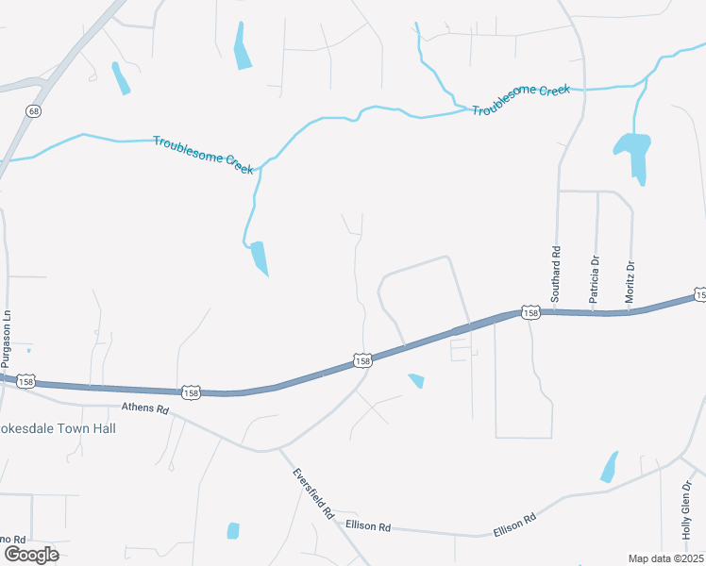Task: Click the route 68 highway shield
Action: [x=34, y=111]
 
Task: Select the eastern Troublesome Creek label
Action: [x=522, y=99]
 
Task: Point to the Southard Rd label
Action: [x=556, y=274]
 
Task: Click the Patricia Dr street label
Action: [x=595, y=279]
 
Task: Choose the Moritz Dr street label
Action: [x=630, y=282]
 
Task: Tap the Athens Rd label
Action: [x=144, y=410]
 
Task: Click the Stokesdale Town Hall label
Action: [x=59, y=427]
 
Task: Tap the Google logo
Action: [x=30, y=554]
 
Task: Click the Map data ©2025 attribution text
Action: [x=665, y=558]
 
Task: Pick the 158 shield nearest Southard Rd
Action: [x=530, y=312]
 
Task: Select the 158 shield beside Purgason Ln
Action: [x=26, y=380]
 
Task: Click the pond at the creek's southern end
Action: [x=258, y=258]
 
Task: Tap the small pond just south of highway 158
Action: [x=416, y=380]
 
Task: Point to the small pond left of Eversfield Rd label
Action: [x=233, y=530]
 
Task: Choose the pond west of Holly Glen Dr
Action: [x=609, y=467]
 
